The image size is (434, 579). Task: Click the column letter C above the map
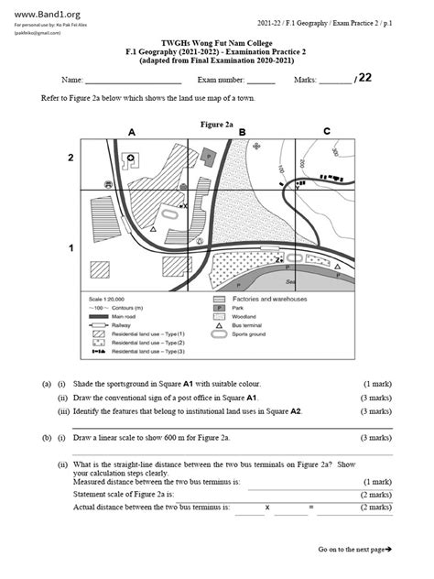tap(327, 132)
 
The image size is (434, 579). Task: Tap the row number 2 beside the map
tap(71, 158)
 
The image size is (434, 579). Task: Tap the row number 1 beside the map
tap(71, 248)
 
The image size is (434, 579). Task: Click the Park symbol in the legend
tap(220, 310)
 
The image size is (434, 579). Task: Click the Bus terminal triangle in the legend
tap(220, 327)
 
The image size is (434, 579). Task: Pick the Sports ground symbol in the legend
tap(220, 335)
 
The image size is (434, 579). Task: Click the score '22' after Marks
tap(364, 78)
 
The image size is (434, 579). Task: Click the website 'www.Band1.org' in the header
tap(41, 14)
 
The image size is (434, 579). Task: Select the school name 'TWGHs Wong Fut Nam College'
tap(217, 42)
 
